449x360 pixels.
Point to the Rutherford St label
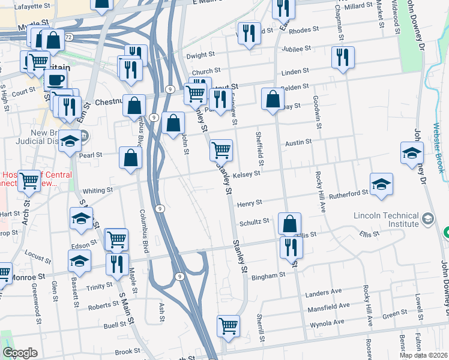pos(348,194)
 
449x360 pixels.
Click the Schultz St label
pos(255,221)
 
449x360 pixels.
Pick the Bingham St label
pos(268,276)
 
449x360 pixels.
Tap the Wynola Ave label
pos(327,322)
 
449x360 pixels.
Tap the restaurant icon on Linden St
pos(343,58)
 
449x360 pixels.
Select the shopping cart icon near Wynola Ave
pos(228,326)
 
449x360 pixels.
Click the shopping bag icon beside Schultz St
pos(289,224)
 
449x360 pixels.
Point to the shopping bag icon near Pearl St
pos(130,158)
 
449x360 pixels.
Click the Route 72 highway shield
pos(68,37)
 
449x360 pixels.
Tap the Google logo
pos(20,353)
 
